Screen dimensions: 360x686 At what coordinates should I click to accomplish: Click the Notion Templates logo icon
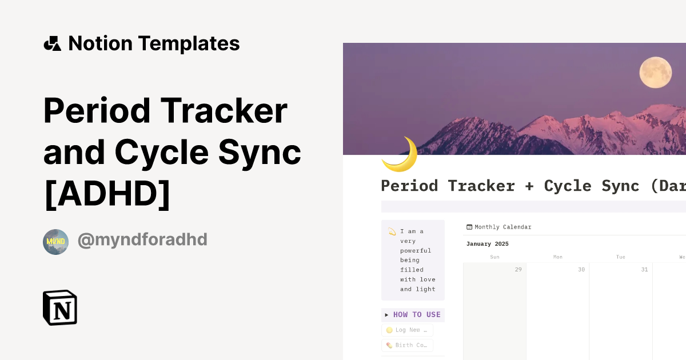[x=52, y=43]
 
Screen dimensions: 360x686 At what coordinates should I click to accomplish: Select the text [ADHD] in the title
[x=107, y=193]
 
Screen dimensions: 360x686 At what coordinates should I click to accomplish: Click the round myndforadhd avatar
[x=55, y=242]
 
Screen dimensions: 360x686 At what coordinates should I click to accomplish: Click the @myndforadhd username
[x=142, y=240]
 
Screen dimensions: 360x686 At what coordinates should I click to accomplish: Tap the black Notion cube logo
[x=60, y=307]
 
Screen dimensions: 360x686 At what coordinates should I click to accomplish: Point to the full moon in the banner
[x=655, y=73]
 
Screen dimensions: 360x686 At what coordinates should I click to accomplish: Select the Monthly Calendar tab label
[x=502, y=227]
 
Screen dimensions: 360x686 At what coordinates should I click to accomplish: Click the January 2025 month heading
[x=487, y=244]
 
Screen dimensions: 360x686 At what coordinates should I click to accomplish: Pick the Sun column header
[x=495, y=257]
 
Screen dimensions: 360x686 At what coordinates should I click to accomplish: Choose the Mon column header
[x=558, y=257]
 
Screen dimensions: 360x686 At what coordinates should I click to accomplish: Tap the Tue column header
[x=621, y=257]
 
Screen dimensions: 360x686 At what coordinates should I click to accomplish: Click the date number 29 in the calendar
[x=518, y=270]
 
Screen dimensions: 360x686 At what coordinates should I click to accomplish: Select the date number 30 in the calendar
[x=581, y=270]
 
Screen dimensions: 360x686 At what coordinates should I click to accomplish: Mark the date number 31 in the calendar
[x=644, y=270]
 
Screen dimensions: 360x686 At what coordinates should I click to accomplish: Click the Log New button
[x=407, y=330]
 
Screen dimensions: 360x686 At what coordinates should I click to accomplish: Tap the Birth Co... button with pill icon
[x=407, y=345]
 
